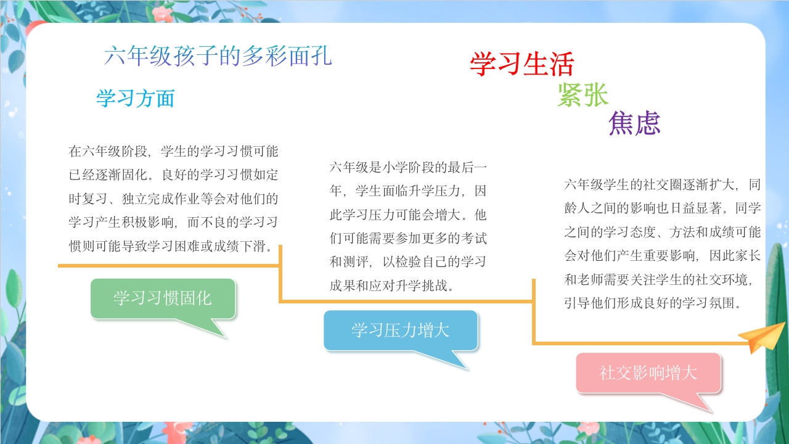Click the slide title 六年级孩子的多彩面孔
218,56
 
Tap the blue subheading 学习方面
136,98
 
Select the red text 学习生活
522,64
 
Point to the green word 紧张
583,94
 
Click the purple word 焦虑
634,123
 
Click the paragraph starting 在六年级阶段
173,199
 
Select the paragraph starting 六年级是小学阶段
408,226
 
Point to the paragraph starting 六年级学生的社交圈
662,244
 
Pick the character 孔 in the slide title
321,56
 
